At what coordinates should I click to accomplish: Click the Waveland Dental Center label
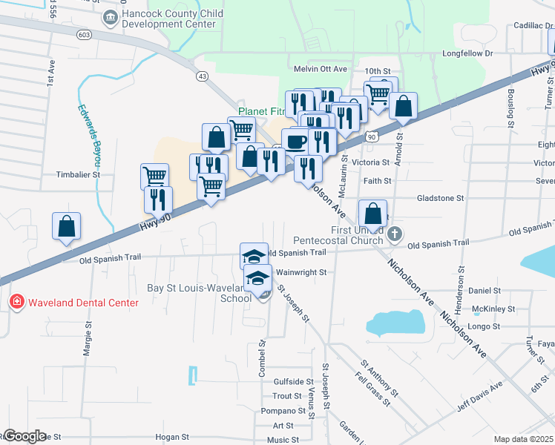click(x=83, y=303)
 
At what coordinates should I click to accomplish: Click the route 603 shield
click(x=84, y=34)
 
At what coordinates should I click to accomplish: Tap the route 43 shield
click(x=201, y=76)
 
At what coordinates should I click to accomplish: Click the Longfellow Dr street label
click(x=467, y=53)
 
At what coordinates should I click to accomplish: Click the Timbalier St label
click(x=78, y=175)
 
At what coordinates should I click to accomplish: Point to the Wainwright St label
click(x=301, y=272)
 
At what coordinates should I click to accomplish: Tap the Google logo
click(x=25, y=436)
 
